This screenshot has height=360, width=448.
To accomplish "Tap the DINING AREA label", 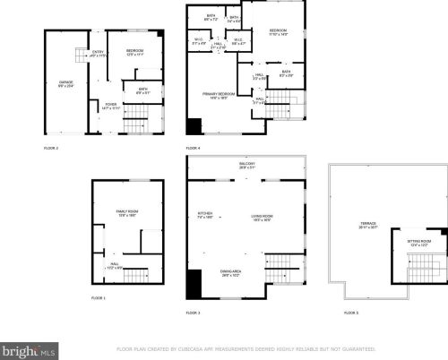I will [230, 273].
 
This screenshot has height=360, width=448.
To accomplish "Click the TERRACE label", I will [368, 225].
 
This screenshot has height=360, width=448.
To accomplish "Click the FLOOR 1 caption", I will [98, 297].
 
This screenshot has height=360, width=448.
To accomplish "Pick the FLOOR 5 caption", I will [350, 312].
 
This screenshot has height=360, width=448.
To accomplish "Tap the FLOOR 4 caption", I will [194, 147].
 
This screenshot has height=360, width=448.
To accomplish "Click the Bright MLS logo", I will [27, 348].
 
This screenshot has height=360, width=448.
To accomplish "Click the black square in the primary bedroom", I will [194, 126].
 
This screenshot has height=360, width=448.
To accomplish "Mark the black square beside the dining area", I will [194, 285].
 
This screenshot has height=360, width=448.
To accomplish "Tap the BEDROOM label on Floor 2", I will [135, 50].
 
